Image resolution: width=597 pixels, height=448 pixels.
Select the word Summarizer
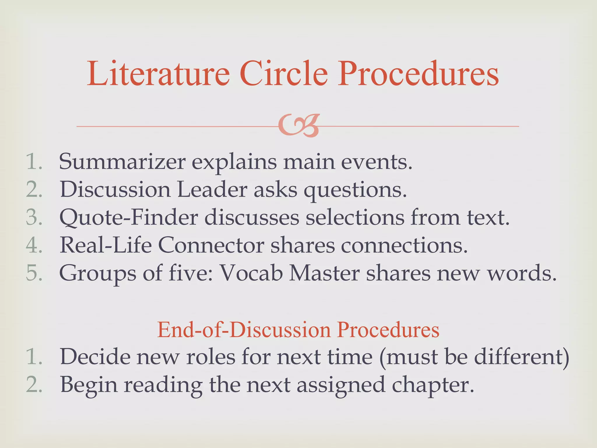[x=122, y=162]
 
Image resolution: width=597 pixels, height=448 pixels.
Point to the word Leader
[x=212, y=190]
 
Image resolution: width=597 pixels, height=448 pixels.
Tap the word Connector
[x=211, y=245]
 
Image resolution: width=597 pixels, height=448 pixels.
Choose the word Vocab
[x=251, y=273]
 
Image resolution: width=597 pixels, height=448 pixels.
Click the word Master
[x=324, y=273]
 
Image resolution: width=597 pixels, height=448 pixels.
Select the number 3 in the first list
[x=34, y=218]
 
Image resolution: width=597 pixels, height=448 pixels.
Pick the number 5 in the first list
[x=34, y=273]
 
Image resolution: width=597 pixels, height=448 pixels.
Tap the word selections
[x=354, y=218]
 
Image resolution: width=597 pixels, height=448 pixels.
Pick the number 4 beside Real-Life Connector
[x=34, y=245]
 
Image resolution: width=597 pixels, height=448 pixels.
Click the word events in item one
[x=376, y=162]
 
